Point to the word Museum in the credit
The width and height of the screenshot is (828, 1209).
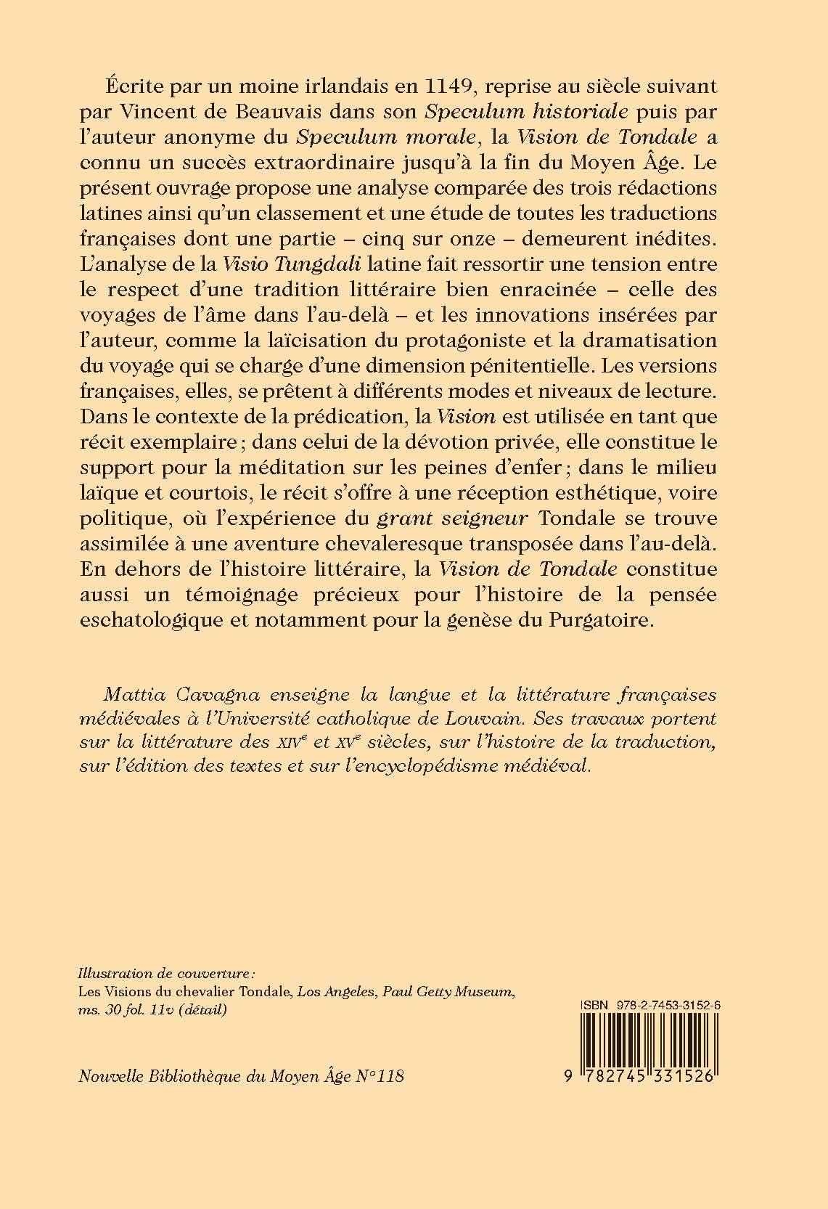click(487, 991)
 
